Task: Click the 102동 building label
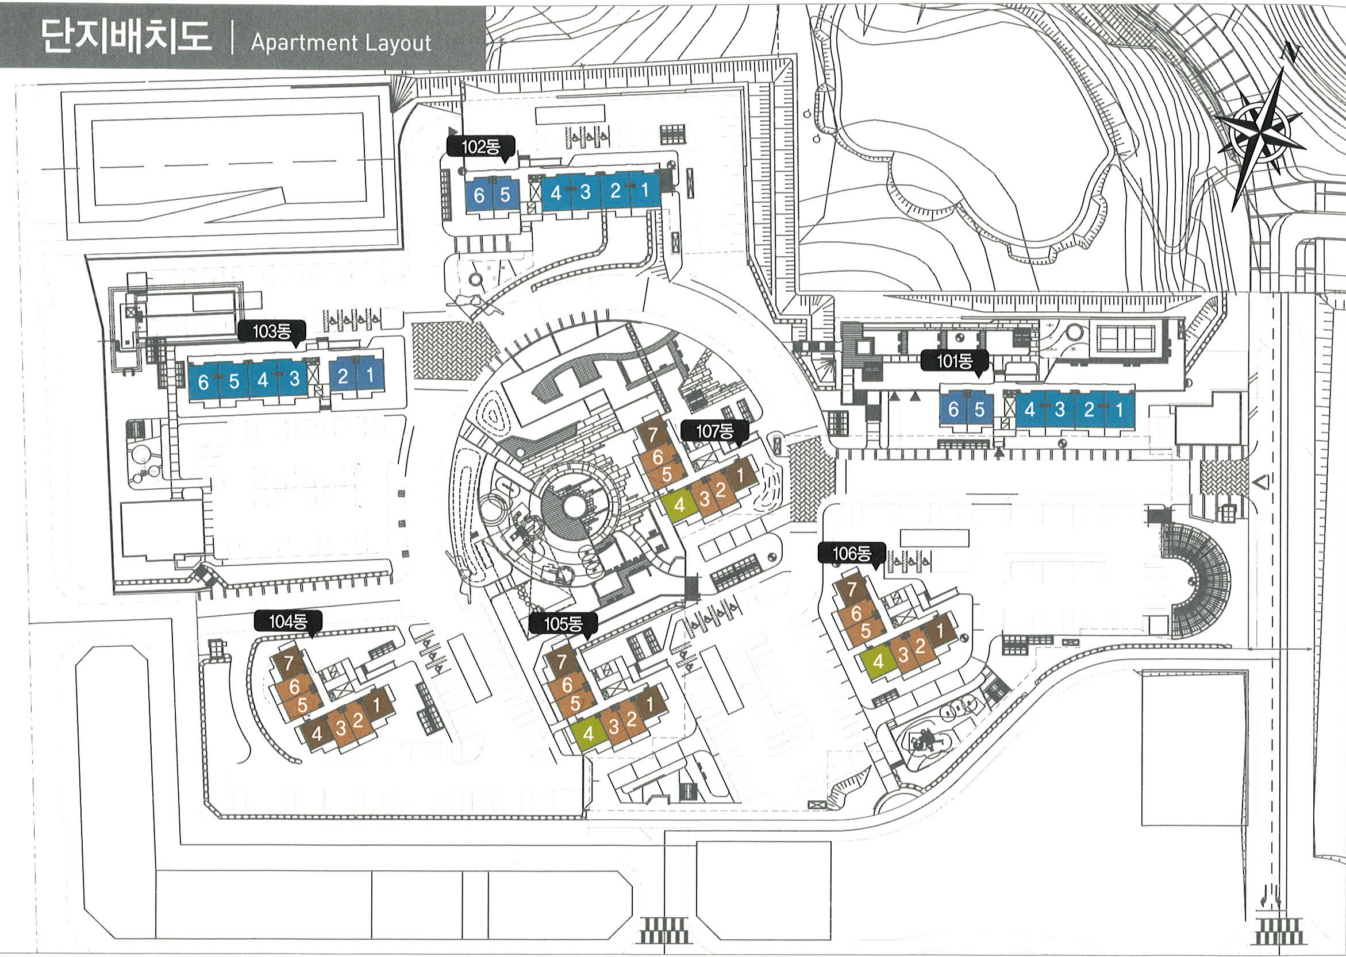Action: point(480,146)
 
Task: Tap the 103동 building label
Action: point(272,331)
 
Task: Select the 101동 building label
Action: point(954,361)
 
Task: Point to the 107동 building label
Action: point(714,431)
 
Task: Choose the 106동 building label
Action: point(851,553)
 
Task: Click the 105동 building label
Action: point(563,623)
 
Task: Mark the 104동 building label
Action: point(288,621)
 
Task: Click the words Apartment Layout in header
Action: point(341,43)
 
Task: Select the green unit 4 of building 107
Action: point(679,505)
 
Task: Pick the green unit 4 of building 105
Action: point(588,734)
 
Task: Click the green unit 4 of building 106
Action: point(878,661)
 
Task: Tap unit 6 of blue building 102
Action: point(479,195)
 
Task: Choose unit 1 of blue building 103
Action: point(370,375)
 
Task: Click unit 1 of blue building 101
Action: point(1118,409)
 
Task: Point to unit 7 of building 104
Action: point(289,663)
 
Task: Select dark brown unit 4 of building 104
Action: point(317,734)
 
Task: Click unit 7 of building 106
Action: point(851,589)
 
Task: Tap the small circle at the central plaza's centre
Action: point(572,505)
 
